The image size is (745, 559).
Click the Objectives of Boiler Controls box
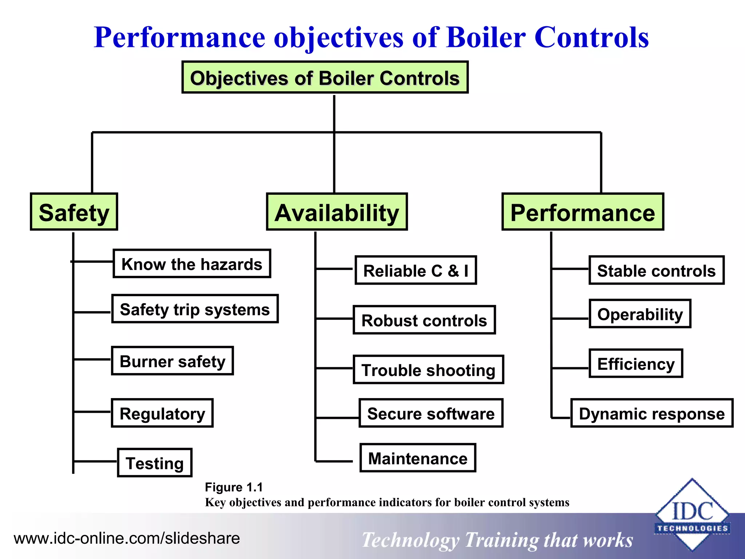pos(325,78)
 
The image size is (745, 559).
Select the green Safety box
pos(74,212)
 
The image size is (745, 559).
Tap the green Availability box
pos(337,212)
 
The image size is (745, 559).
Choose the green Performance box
pos(583,212)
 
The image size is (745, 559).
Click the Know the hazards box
pos(192,264)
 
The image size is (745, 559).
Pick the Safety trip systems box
pos(195,309)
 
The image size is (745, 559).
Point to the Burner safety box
pos(172,361)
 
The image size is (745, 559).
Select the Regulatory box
pos(162,413)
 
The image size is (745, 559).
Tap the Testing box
pos(155,463)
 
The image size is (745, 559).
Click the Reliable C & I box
pos(416,270)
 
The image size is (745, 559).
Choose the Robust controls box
pos(424,320)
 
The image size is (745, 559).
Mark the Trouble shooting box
pos(429,370)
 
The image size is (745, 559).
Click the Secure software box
pos(431,413)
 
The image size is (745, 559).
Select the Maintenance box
pos(418,458)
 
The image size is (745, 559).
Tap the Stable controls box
pos(656,270)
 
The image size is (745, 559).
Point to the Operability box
pos(640,314)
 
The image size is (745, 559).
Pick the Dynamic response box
pos(652,413)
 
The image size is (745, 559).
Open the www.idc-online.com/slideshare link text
pos(127,538)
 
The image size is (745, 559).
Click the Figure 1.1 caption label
pos(234,487)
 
